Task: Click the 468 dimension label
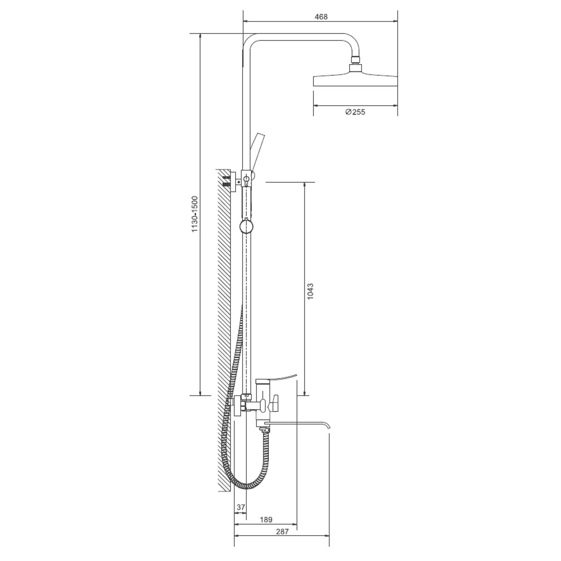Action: coord(321,16)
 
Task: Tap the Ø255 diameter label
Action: coord(355,112)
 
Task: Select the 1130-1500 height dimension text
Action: coord(194,214)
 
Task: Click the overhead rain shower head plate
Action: coord(355,81)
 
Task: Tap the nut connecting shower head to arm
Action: coord(355,59)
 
